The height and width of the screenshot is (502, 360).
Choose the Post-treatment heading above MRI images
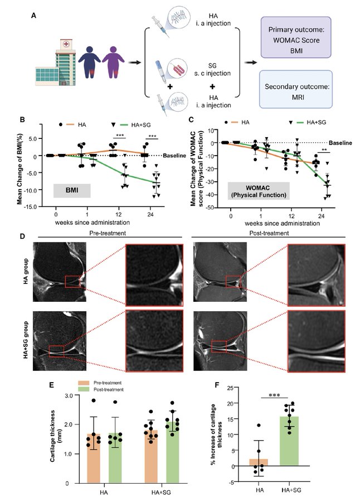pos(269,234)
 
